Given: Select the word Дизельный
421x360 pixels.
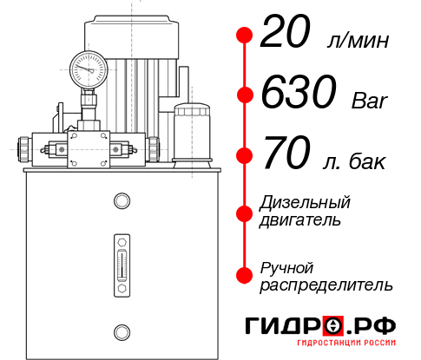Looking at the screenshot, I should (305, 203).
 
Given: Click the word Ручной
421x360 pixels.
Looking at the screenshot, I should (286, 267).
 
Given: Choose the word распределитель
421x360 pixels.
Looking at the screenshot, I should (326, 285).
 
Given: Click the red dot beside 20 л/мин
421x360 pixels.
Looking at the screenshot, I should (245, 36).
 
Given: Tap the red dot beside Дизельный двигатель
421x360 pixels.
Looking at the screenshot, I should (245, 212).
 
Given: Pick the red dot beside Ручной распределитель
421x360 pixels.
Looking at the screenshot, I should (245, 276).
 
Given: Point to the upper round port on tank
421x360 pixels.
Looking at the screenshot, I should (122, 200).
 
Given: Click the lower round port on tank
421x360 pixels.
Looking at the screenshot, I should (122, 331).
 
